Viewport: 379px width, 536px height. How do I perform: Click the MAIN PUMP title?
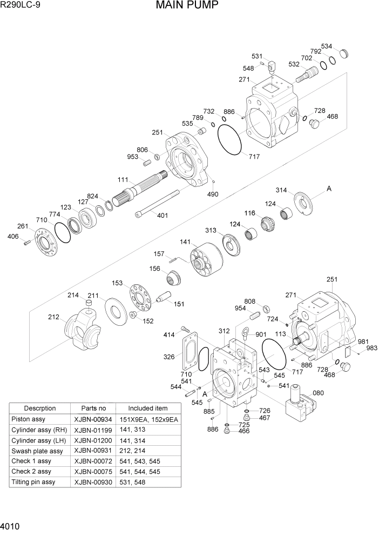pyautogui.click(x=187, y=6)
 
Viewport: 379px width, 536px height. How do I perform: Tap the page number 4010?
pyautogui.click(x=11, y=525)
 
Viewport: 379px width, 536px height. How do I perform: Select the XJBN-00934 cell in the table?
pyautogui.click(x=93, y=420)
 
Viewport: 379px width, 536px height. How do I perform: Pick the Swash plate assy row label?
pyautogui.click(x=37, y=451)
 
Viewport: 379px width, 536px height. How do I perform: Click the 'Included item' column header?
pyautogui.click(x=147, y=408)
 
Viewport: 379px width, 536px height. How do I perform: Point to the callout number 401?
pyautogui.click(x=163, y=216)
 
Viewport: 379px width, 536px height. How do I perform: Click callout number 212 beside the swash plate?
pyautogui.click(x=53, y=317)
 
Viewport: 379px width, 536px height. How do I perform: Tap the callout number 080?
pyautogui.click(x=318, y=393)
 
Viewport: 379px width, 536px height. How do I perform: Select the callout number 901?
pyautogui.click(x=261, y=334)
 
